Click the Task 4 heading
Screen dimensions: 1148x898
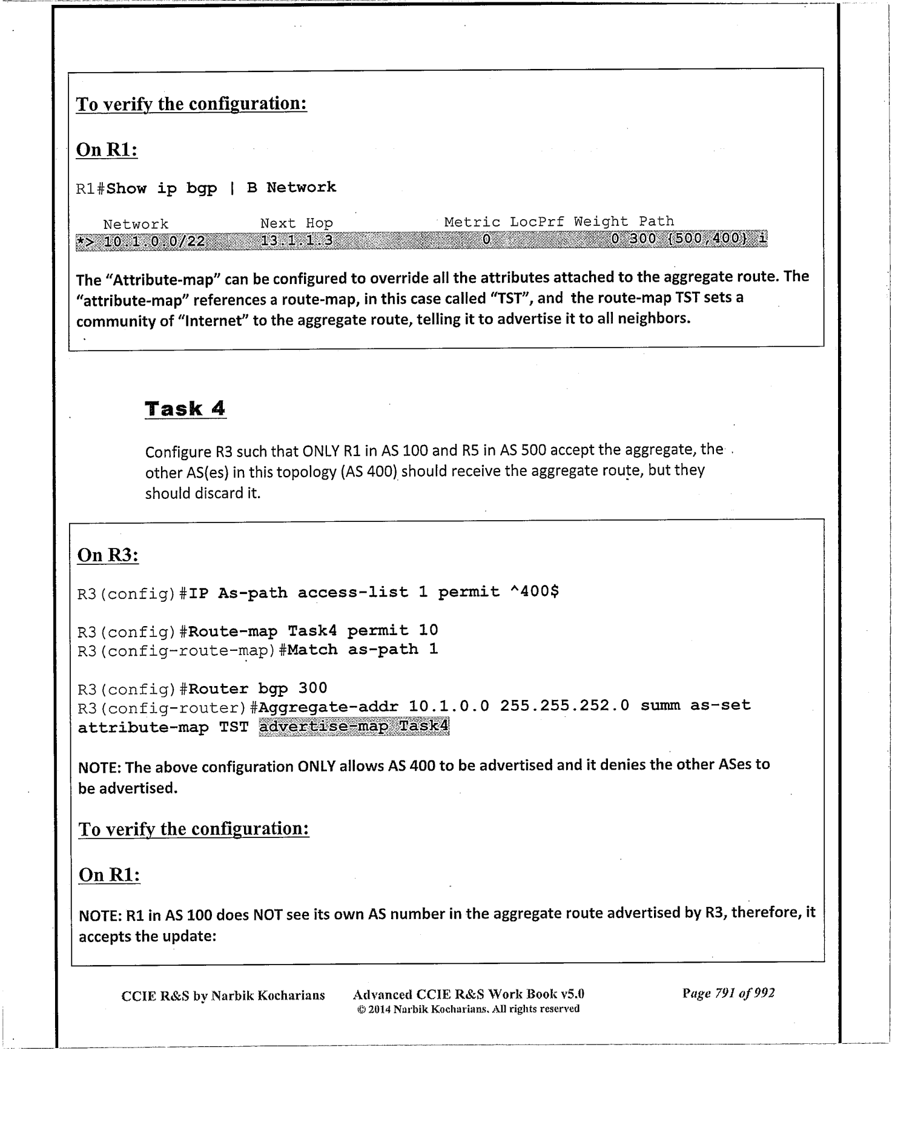tap(185, 409)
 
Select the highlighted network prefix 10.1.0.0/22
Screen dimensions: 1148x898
tap(154, 242)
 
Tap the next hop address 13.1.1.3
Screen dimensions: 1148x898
tap(297, 241)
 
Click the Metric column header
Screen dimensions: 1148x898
tap(472, 222)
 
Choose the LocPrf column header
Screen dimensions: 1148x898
tap(536, 222)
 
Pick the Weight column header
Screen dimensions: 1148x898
tap(601, 222)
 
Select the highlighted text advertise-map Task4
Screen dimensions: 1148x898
tap(354, 726)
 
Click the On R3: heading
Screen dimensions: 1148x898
tap(108, 555)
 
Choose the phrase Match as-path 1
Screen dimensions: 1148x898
tap(363, 650)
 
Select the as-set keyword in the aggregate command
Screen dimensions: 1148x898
tap(721, 705)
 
